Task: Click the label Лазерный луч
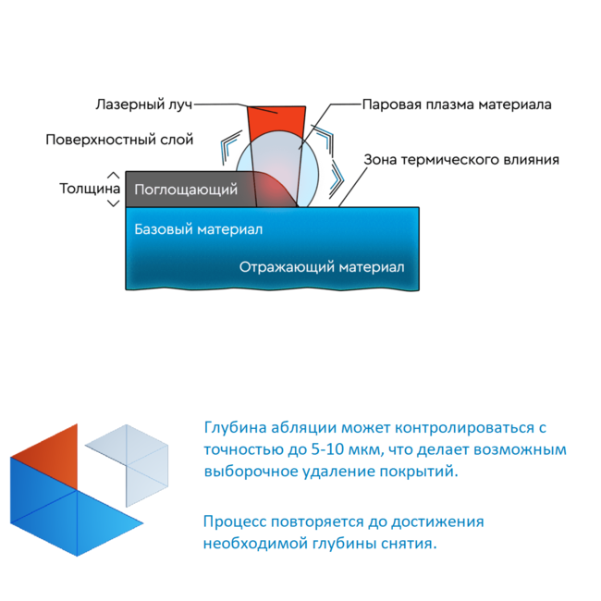tap(144, 104)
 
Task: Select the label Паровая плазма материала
tap(457, 104)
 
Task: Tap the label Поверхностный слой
tap(119, 140)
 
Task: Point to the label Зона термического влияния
tap(461, 159)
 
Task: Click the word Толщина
tap(90, 189)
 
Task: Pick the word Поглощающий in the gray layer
tap(186, 190)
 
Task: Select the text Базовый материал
tap(199, 229)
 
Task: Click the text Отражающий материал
tap(322, 267)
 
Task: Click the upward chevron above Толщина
tap(113, 176)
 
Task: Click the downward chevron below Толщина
tap(113, 203)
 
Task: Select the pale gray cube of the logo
tap(130, 464)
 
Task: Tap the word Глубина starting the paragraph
tap(235, 427)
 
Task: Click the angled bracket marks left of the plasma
tap(230, 147)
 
